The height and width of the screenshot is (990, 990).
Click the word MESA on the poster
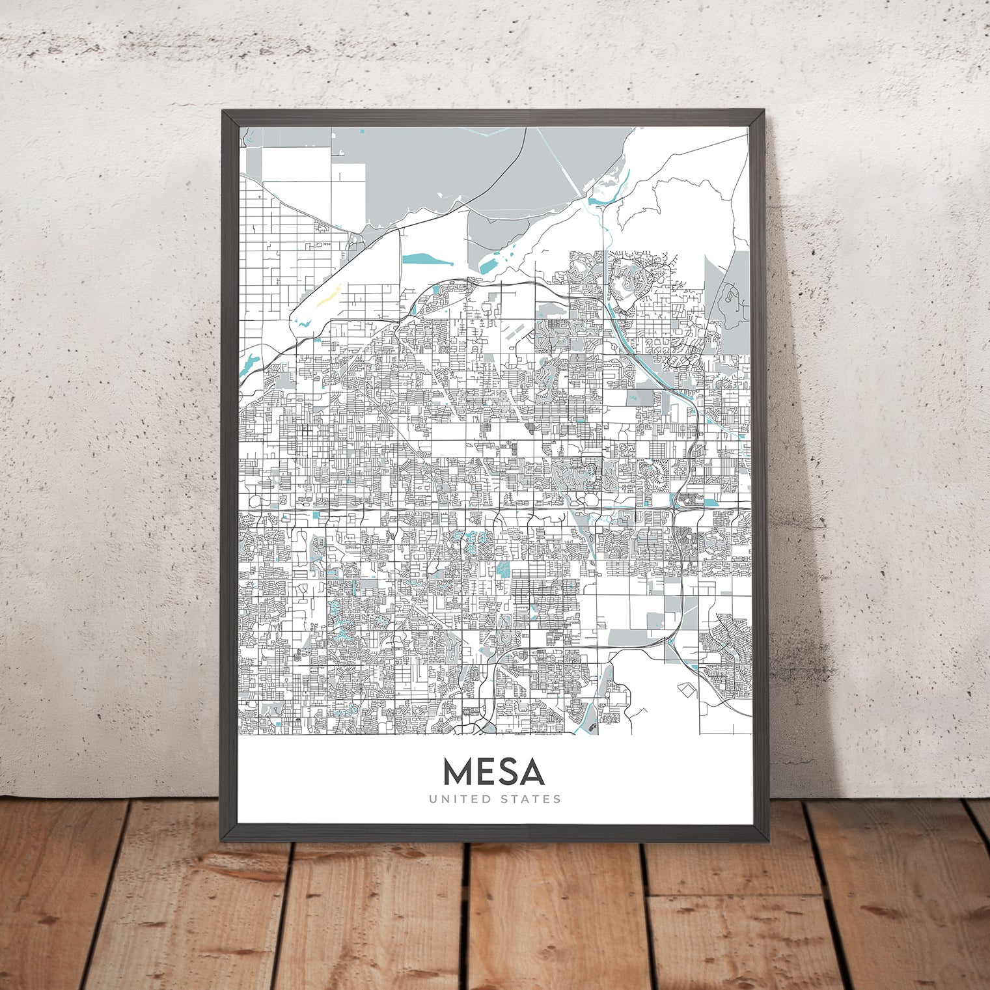coord(493,772)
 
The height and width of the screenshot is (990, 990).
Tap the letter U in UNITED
coord(432,799)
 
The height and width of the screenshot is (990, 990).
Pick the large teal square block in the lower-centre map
coord(502,570)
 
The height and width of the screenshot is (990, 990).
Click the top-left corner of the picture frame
coord(223,111)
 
